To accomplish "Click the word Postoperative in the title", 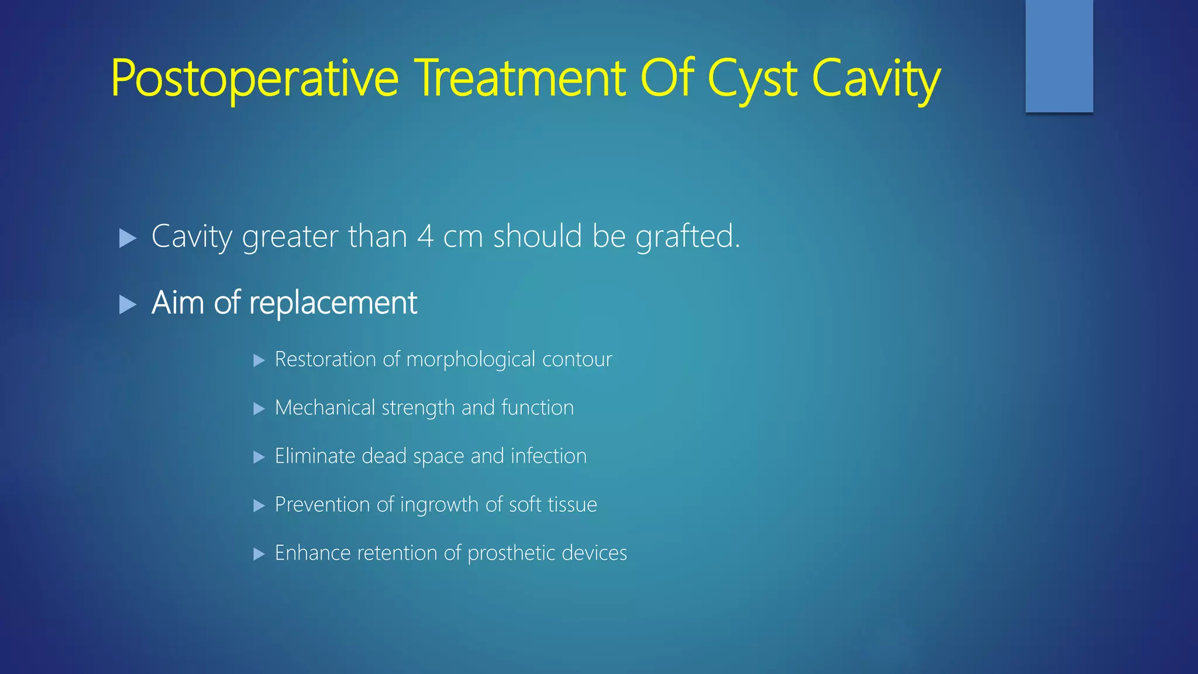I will click(x=254, y=79).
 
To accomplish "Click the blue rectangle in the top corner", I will click(x=1059, y=56).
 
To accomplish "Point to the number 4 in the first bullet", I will click(x=425, y=237).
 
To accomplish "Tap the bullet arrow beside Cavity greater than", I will click(x=128, y=238).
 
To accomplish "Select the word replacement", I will click(x=333, y=304).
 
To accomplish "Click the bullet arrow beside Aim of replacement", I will click(x=128, y=304).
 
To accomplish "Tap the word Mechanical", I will click(x=325, y=408).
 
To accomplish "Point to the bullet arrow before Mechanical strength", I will click(x=259, y=409).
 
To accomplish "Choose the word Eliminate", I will click(x=315, y=456).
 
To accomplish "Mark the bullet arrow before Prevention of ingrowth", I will click(x=259, y=506).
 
